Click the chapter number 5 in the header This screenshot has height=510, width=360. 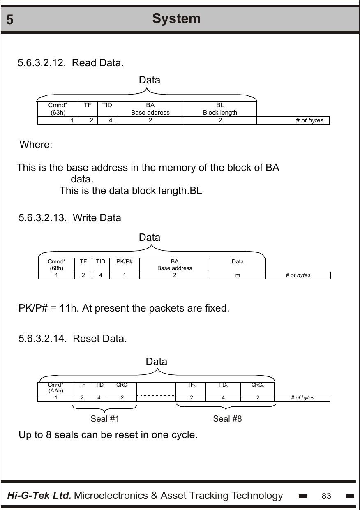(10, 20)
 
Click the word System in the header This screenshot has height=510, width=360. (176, 18)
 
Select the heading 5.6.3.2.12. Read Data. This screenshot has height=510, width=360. (70, 63)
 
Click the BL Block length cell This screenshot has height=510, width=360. (220, 109)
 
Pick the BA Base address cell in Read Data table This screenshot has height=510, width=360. (150, 109)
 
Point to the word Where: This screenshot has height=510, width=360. (36, 145)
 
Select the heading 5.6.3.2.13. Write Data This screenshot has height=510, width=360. (70, 218)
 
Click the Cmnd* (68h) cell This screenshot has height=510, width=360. (56, 265)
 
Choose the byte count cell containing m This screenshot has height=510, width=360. (238, 275)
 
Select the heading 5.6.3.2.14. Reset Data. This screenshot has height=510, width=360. (73, 339)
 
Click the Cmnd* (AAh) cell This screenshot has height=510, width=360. (56, 388)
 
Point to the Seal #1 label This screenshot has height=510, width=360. (105, 419)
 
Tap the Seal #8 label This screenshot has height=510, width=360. (227, 419)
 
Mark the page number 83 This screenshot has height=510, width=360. (326, 496)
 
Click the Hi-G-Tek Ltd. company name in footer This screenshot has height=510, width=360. (39, 496)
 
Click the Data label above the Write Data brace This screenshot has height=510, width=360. (150, 238)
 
